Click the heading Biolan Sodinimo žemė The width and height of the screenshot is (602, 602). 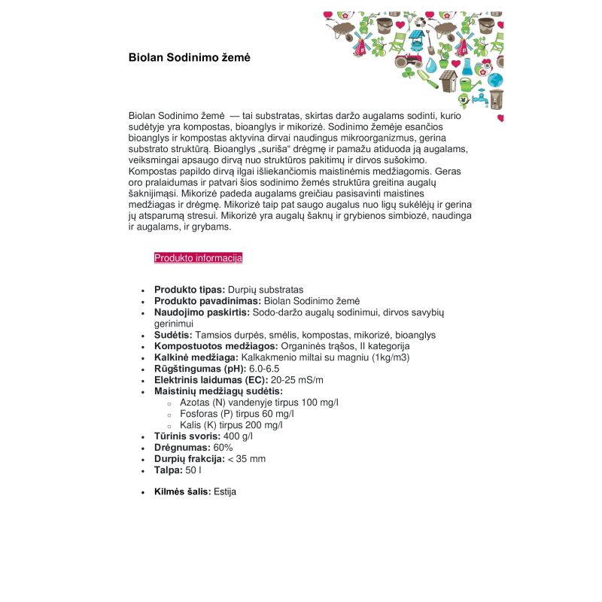point(189,57)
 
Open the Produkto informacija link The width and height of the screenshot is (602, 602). point(198,258)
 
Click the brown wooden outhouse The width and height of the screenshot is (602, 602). point(449,78)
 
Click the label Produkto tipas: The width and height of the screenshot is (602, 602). point(190,290)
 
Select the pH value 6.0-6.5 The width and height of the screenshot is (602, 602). point(264,369)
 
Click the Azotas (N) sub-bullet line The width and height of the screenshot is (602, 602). point(259,403)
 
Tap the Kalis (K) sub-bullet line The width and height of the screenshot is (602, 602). point(231,425)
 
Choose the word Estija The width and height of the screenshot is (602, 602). point(225,491)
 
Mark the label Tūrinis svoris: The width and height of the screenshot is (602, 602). point(187,436)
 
